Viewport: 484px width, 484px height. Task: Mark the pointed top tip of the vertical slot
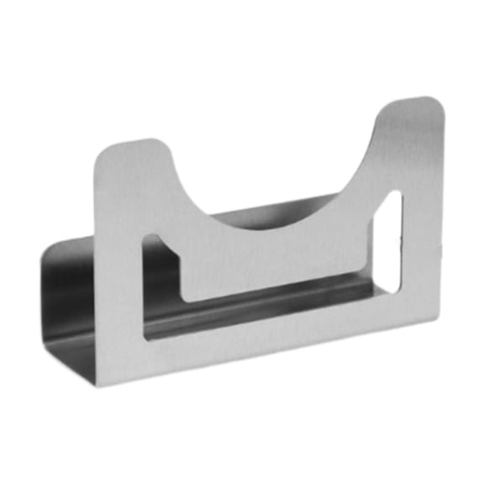tap(395, 194)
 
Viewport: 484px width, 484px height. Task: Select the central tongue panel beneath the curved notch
tap(277, 260)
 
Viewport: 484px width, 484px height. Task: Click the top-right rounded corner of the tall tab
tap(437, 104)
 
